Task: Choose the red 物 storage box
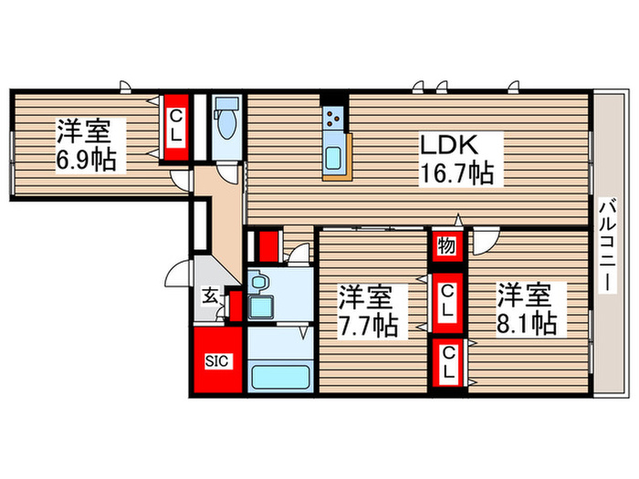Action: (446, 245)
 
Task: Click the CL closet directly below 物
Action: (446, 300)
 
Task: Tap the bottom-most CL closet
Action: (446, 363)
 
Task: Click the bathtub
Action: (279, 375)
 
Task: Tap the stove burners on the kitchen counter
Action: (333, 118)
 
